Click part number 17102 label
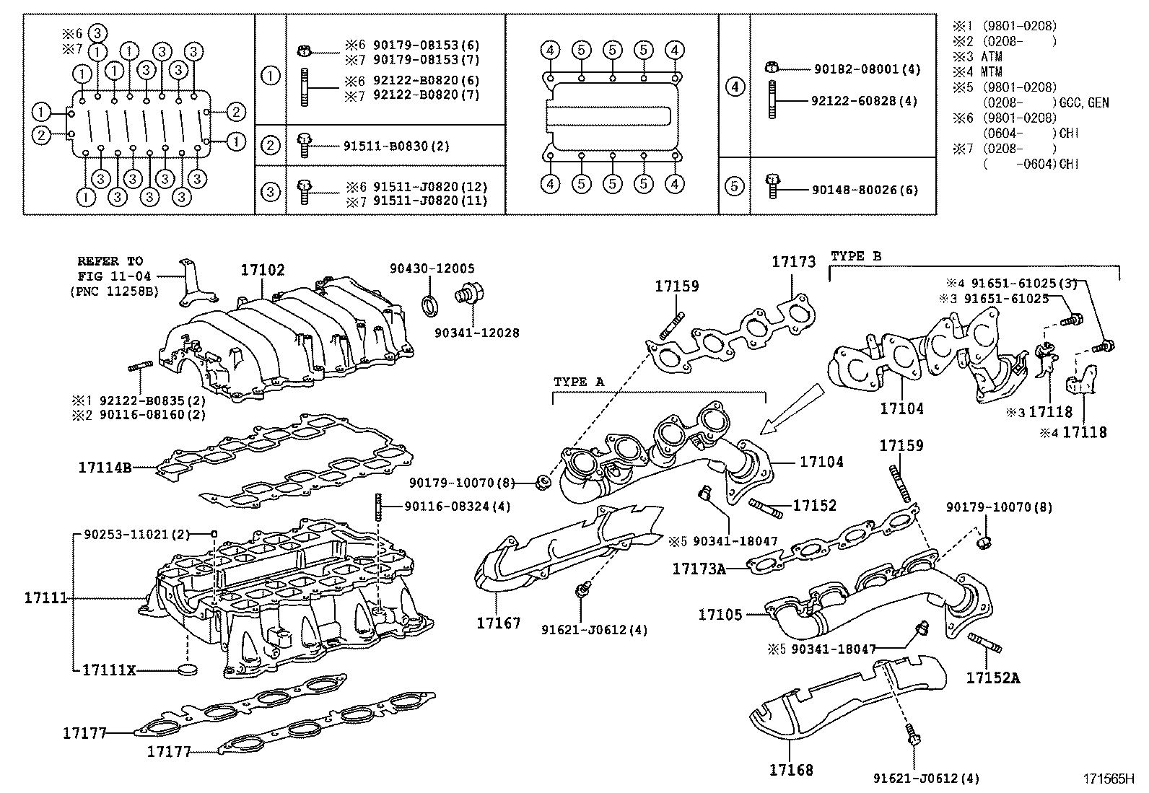coord(263,270)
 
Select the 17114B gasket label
coord(105,467)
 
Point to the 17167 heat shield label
coord(498,622)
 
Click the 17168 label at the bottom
coord(791,770)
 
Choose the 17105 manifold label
coord(720,615)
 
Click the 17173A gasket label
coord(699,569)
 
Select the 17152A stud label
coord(993,678)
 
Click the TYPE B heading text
coord(856,256)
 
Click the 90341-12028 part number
coord(476,333)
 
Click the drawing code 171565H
coord(1107,779)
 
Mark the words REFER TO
coord(110,261)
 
